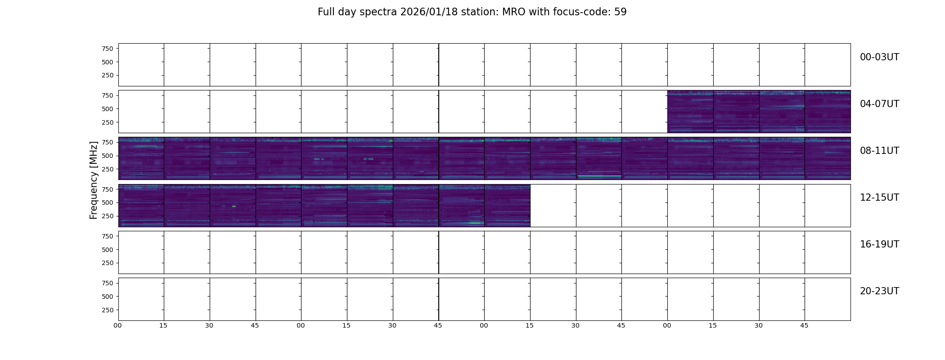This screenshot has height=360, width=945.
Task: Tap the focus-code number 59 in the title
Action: [621, 12]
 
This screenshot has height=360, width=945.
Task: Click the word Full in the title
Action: [326, 12]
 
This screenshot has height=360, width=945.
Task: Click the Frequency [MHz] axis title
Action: [94, 180]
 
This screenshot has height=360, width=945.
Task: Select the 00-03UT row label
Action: [879, 57]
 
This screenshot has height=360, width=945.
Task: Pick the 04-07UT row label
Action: [879, 104]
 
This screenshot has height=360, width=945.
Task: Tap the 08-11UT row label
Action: [879, 151]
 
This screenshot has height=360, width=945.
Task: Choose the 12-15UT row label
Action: [879, 198]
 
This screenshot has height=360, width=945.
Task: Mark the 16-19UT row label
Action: [879, 244]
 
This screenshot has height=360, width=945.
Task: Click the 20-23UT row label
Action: [879, 291]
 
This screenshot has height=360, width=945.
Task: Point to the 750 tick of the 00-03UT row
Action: [108, 49]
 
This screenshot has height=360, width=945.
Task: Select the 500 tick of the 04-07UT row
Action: [108, 109]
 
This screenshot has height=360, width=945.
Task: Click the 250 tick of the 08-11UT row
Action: [108, 169]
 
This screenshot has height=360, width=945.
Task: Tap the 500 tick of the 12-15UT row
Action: [108, 202]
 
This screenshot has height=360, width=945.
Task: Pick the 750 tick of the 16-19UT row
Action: [108, 236]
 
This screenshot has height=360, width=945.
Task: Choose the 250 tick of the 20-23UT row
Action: [108, 310]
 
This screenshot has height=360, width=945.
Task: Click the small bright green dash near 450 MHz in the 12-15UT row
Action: [234, 206]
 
